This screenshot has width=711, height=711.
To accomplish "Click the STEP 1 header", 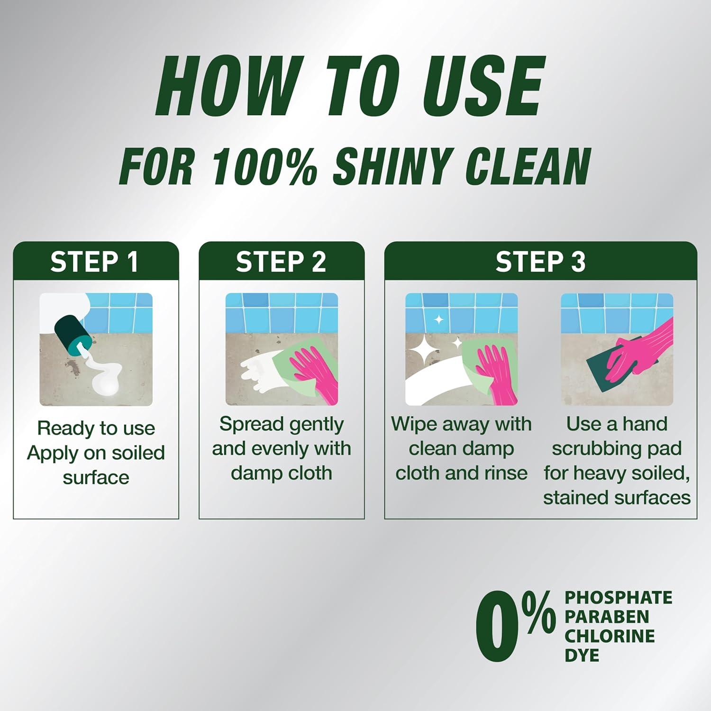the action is tap(94, 262).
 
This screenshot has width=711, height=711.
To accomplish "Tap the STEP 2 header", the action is tap(281, 262).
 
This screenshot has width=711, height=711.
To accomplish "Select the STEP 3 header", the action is tap(540, 262).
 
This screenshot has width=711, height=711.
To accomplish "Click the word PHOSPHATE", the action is tap(618, 598).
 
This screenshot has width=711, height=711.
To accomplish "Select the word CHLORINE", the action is tap(610, 636).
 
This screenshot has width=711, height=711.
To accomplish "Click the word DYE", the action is tap(582, 656).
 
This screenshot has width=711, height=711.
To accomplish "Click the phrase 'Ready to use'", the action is tap(96, 428).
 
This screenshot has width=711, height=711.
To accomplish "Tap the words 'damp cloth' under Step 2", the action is tap(282, 473).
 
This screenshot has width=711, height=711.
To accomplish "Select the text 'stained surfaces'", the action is tap(617, 498).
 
